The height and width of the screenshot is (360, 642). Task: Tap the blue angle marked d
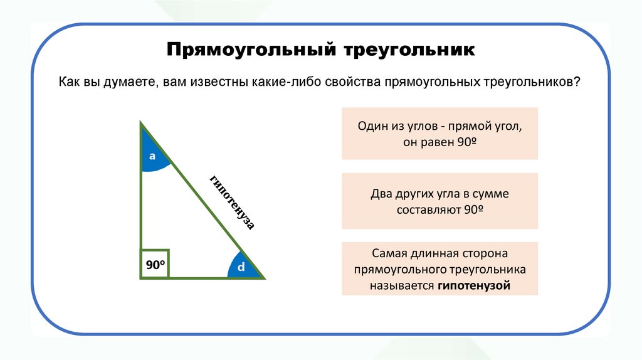241,267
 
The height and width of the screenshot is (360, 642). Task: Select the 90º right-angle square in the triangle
155,264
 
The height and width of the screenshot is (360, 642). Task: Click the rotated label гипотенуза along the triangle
232,203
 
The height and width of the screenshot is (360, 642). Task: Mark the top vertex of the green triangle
141,123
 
